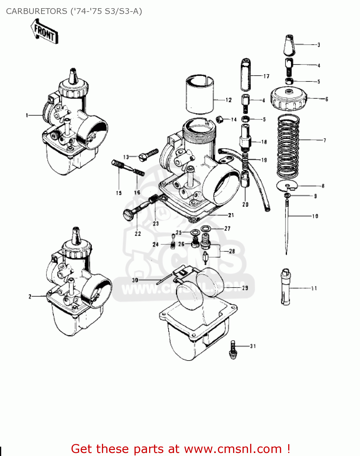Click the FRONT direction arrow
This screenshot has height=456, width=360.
click(44, 31)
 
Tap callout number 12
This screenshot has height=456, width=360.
click(229, 100)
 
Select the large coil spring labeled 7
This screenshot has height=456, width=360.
click(288, 147)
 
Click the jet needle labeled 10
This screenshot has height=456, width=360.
click(287, 225)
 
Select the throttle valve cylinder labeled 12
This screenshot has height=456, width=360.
click(200, 93)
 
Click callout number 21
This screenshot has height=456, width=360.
click(231, 215)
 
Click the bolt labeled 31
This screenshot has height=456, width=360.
click(233, 350)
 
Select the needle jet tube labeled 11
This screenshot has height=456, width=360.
click(285, 286)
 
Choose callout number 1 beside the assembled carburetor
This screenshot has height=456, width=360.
click(27, 115)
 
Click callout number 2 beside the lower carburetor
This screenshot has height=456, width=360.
click(30, 296)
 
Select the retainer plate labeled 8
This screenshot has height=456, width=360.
click(287, 185)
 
